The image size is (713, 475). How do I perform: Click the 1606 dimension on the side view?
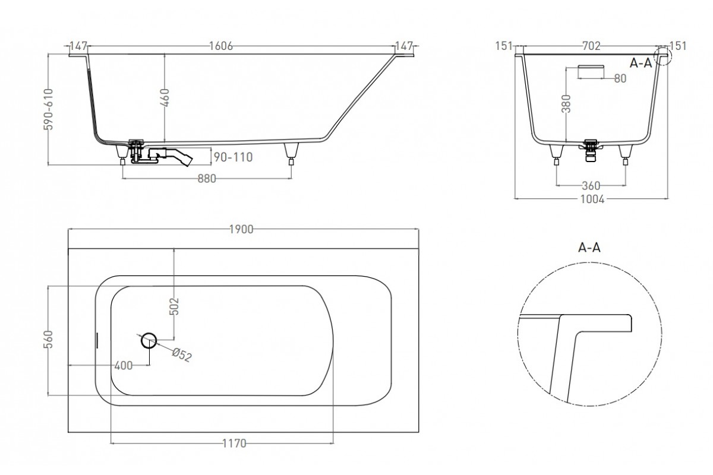[x=221, y=46]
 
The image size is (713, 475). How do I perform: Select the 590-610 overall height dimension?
[x=48, y=109]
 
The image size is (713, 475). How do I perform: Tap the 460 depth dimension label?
[x=165, y=98]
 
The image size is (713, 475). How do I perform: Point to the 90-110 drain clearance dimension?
[x=234, y=157]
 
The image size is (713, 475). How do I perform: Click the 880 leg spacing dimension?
[x=207, y=179]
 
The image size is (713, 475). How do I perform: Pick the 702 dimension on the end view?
[x=591, y=46]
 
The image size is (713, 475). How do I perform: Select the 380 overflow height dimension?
[x=566, y=104]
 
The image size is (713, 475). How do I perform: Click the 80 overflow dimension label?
[x=620, y=78]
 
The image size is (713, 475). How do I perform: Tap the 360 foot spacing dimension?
[x=591, y=185]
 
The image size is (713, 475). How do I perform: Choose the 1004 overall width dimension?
[x=592, y=199]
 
